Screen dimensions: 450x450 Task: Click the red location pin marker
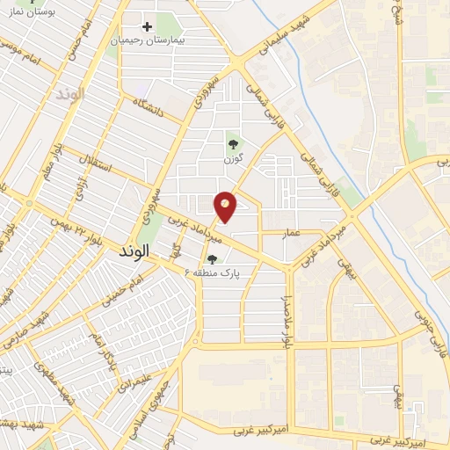tap(226, 206)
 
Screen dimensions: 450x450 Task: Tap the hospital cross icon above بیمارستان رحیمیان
tap(148, 26)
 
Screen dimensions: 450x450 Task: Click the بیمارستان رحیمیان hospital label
tap(147, 40)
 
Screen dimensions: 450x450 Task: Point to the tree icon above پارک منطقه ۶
tap(213, 259)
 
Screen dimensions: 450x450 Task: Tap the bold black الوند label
tap(133, 250)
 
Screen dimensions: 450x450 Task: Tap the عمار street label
tap(293, 233)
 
